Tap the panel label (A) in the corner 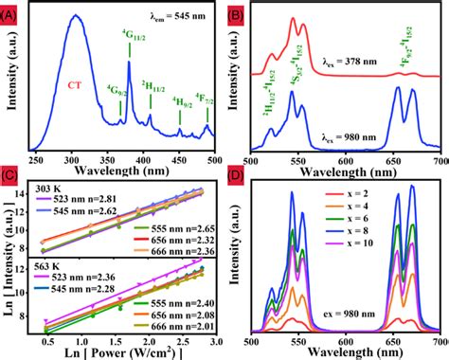pos(11,12)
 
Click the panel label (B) pos(237,12)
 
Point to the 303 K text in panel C pos(47,188)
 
